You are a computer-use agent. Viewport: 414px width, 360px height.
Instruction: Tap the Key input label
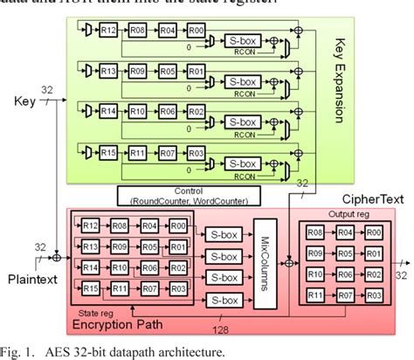(18, 102)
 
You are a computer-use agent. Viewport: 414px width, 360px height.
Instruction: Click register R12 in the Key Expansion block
(108, 30)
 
